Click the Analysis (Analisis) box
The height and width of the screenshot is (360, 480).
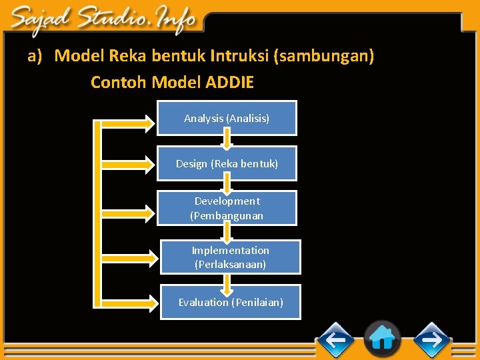227,118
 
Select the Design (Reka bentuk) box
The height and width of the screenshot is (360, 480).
227,163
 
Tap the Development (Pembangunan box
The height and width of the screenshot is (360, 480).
227,208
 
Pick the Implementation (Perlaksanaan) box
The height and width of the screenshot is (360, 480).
231,257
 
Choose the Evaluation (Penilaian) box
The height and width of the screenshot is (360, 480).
231,302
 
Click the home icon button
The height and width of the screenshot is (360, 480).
382,339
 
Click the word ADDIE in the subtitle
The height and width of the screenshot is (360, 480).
230,83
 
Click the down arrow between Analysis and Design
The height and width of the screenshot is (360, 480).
227,139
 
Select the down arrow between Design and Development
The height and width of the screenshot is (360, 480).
227,184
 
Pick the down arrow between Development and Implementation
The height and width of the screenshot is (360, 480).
227,231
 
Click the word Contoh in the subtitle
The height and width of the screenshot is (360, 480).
119,83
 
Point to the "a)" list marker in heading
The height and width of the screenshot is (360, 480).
35,56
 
